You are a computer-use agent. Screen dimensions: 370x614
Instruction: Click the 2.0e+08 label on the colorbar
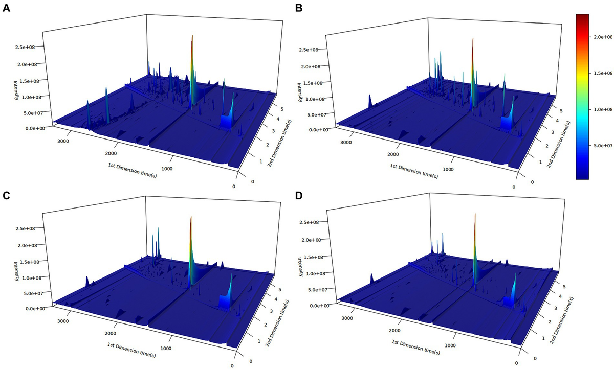pyautogui.click(x=602, y=37)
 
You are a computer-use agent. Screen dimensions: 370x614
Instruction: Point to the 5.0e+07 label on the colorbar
pyautogui.click(x=602, y=146)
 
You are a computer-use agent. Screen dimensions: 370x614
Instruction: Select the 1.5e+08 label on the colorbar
pyautogui.click(x=602, y=74)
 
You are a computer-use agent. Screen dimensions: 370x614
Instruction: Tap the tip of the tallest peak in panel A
pyautogui.click(x=192, y=36)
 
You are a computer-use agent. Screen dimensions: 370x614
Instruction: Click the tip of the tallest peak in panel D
pyautogui.click(x=475, y=214)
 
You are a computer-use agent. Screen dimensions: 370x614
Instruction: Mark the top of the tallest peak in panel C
pyautogui.click(x=191, y=217)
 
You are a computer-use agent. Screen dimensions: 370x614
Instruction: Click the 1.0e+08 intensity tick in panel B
pyautogui.click(x=312, y=99)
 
